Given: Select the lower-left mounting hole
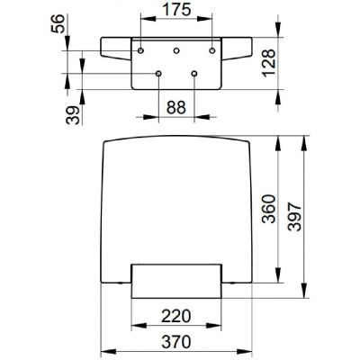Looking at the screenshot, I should (x=158, y=73).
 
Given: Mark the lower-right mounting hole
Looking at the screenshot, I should (x=194, y=73).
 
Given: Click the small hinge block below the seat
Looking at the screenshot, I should (x=176, y=281).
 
